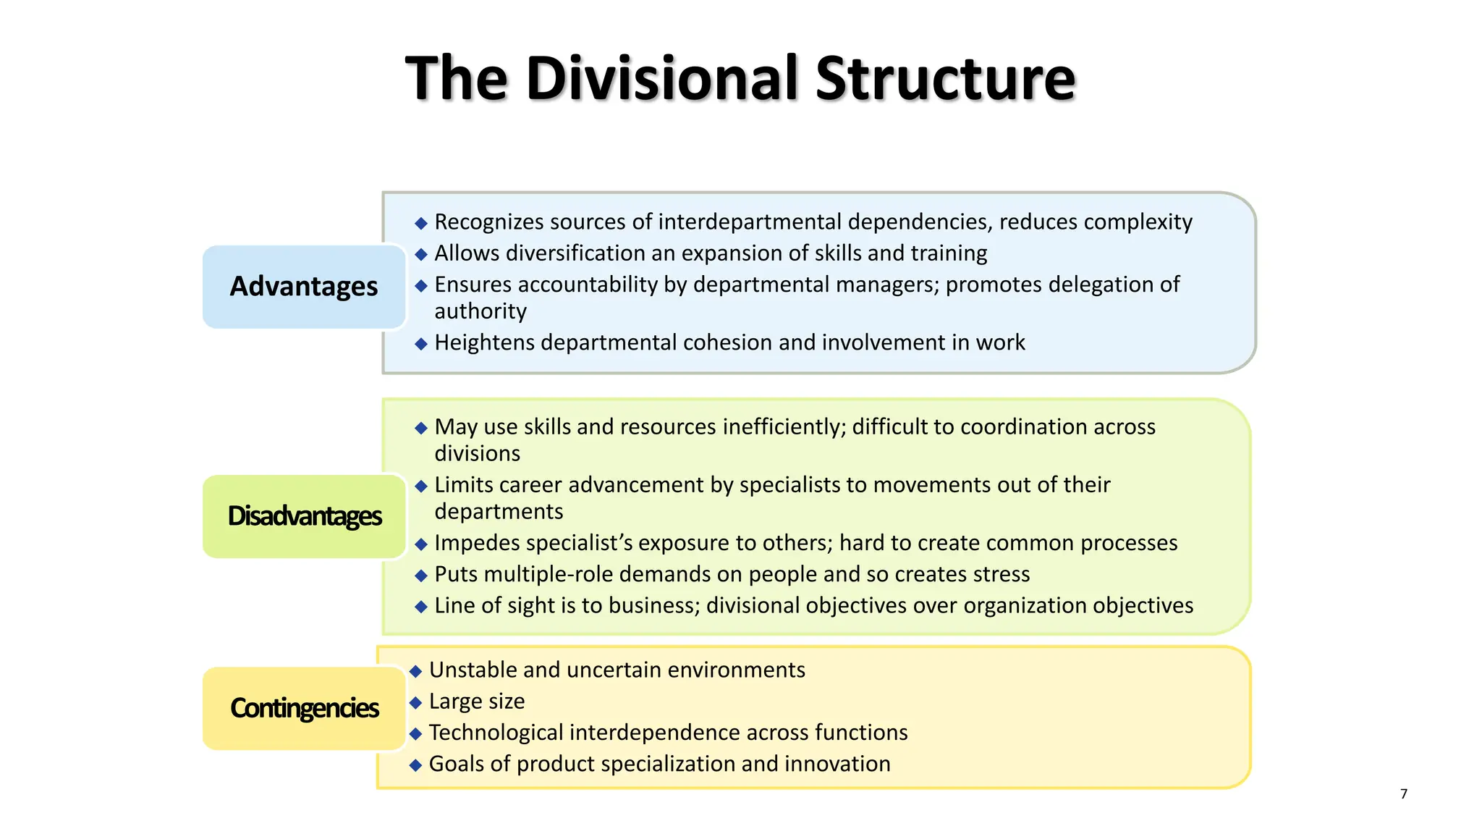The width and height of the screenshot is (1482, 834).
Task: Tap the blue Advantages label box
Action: click(x=304, y=287)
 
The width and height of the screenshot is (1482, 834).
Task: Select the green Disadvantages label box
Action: click(x=304, y=516)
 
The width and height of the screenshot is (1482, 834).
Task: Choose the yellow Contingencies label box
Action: click(x=304, y=708)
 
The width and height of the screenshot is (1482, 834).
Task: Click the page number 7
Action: click(x=1404, y=794)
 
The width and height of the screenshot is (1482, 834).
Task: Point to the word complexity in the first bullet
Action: click(x=1137, y=222)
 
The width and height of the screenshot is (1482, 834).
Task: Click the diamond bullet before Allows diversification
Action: click(x=421, y=254)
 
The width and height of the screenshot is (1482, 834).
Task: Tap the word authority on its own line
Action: click(x=480, y=311)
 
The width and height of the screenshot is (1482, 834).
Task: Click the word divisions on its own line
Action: click(x=477, y=454)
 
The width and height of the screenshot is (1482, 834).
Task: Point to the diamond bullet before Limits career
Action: click(x=421, y=486)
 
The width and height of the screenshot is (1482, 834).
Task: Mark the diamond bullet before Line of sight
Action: click(x=421, y=607)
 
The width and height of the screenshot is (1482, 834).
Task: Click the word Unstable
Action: click(x=473, y=670)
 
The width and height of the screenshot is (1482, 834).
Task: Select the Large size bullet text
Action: click(x=477, y=702)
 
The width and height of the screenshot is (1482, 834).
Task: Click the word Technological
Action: click(x=496, y=733)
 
